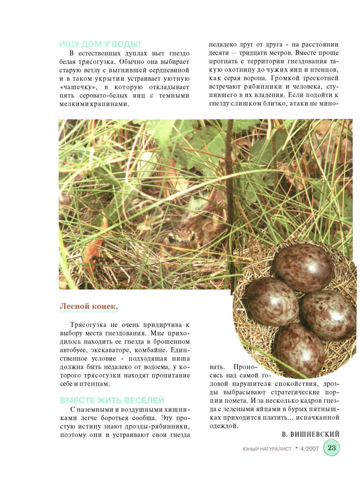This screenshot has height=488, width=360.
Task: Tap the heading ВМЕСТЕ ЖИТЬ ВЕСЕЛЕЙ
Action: coord(112,400)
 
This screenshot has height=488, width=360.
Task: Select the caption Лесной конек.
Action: coord(89,306)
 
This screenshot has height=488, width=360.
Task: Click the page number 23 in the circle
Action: coord(332,448)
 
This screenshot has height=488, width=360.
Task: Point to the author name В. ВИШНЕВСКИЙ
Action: coord(311,435)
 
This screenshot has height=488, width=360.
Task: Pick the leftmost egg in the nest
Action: coord(272,300)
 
